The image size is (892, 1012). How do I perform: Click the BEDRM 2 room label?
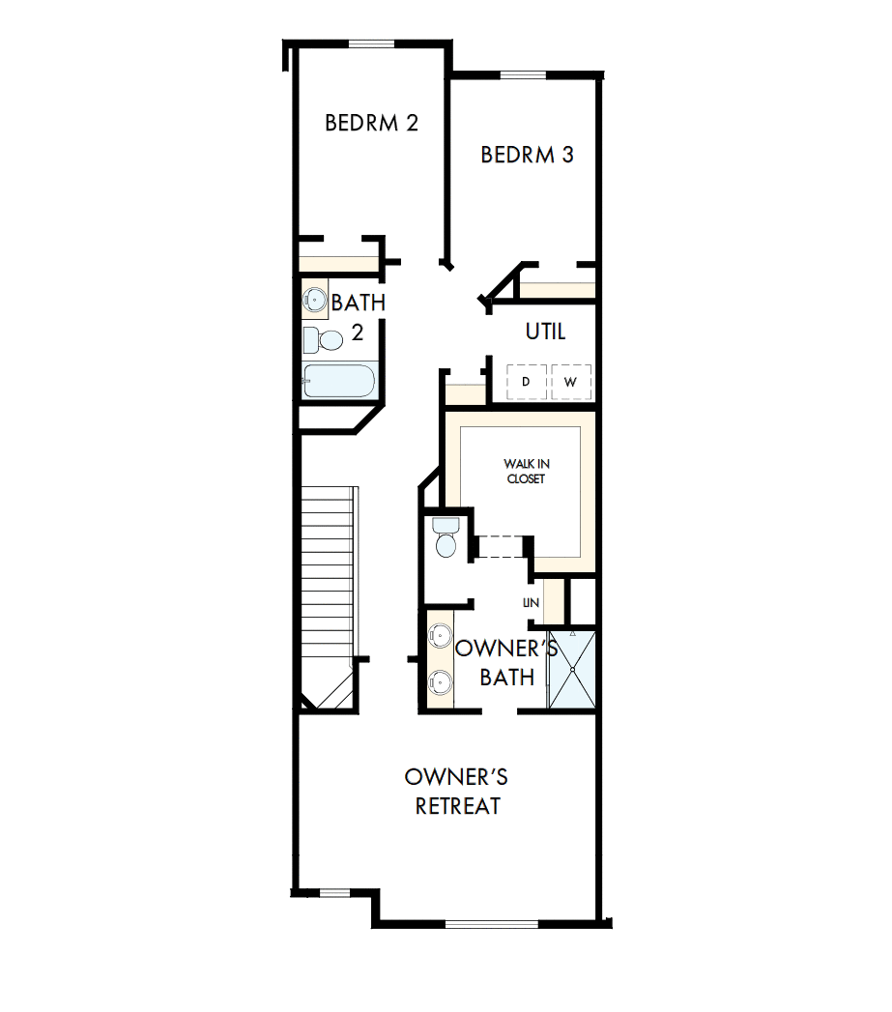[371, 124]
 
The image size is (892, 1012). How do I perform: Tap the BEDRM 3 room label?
[527, 155]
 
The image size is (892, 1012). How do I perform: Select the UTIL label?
[545, 332]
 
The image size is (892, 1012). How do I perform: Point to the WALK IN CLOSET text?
[524, 472]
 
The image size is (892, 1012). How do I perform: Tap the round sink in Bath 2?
[315, 298]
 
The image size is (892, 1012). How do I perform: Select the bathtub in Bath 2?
[337, 381]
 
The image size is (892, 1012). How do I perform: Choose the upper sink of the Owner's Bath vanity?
[440, 636]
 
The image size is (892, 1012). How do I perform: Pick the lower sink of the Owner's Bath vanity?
[440, 680]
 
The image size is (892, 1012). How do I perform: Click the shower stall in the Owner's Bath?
[572, 670]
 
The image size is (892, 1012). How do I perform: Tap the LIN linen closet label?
[530, 602]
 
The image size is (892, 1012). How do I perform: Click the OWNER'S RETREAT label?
[457, 792]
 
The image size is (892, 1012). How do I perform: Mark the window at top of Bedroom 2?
[371, 43]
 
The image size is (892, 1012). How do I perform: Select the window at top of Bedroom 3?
[524, 75]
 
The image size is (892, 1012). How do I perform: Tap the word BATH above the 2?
[359, 303]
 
